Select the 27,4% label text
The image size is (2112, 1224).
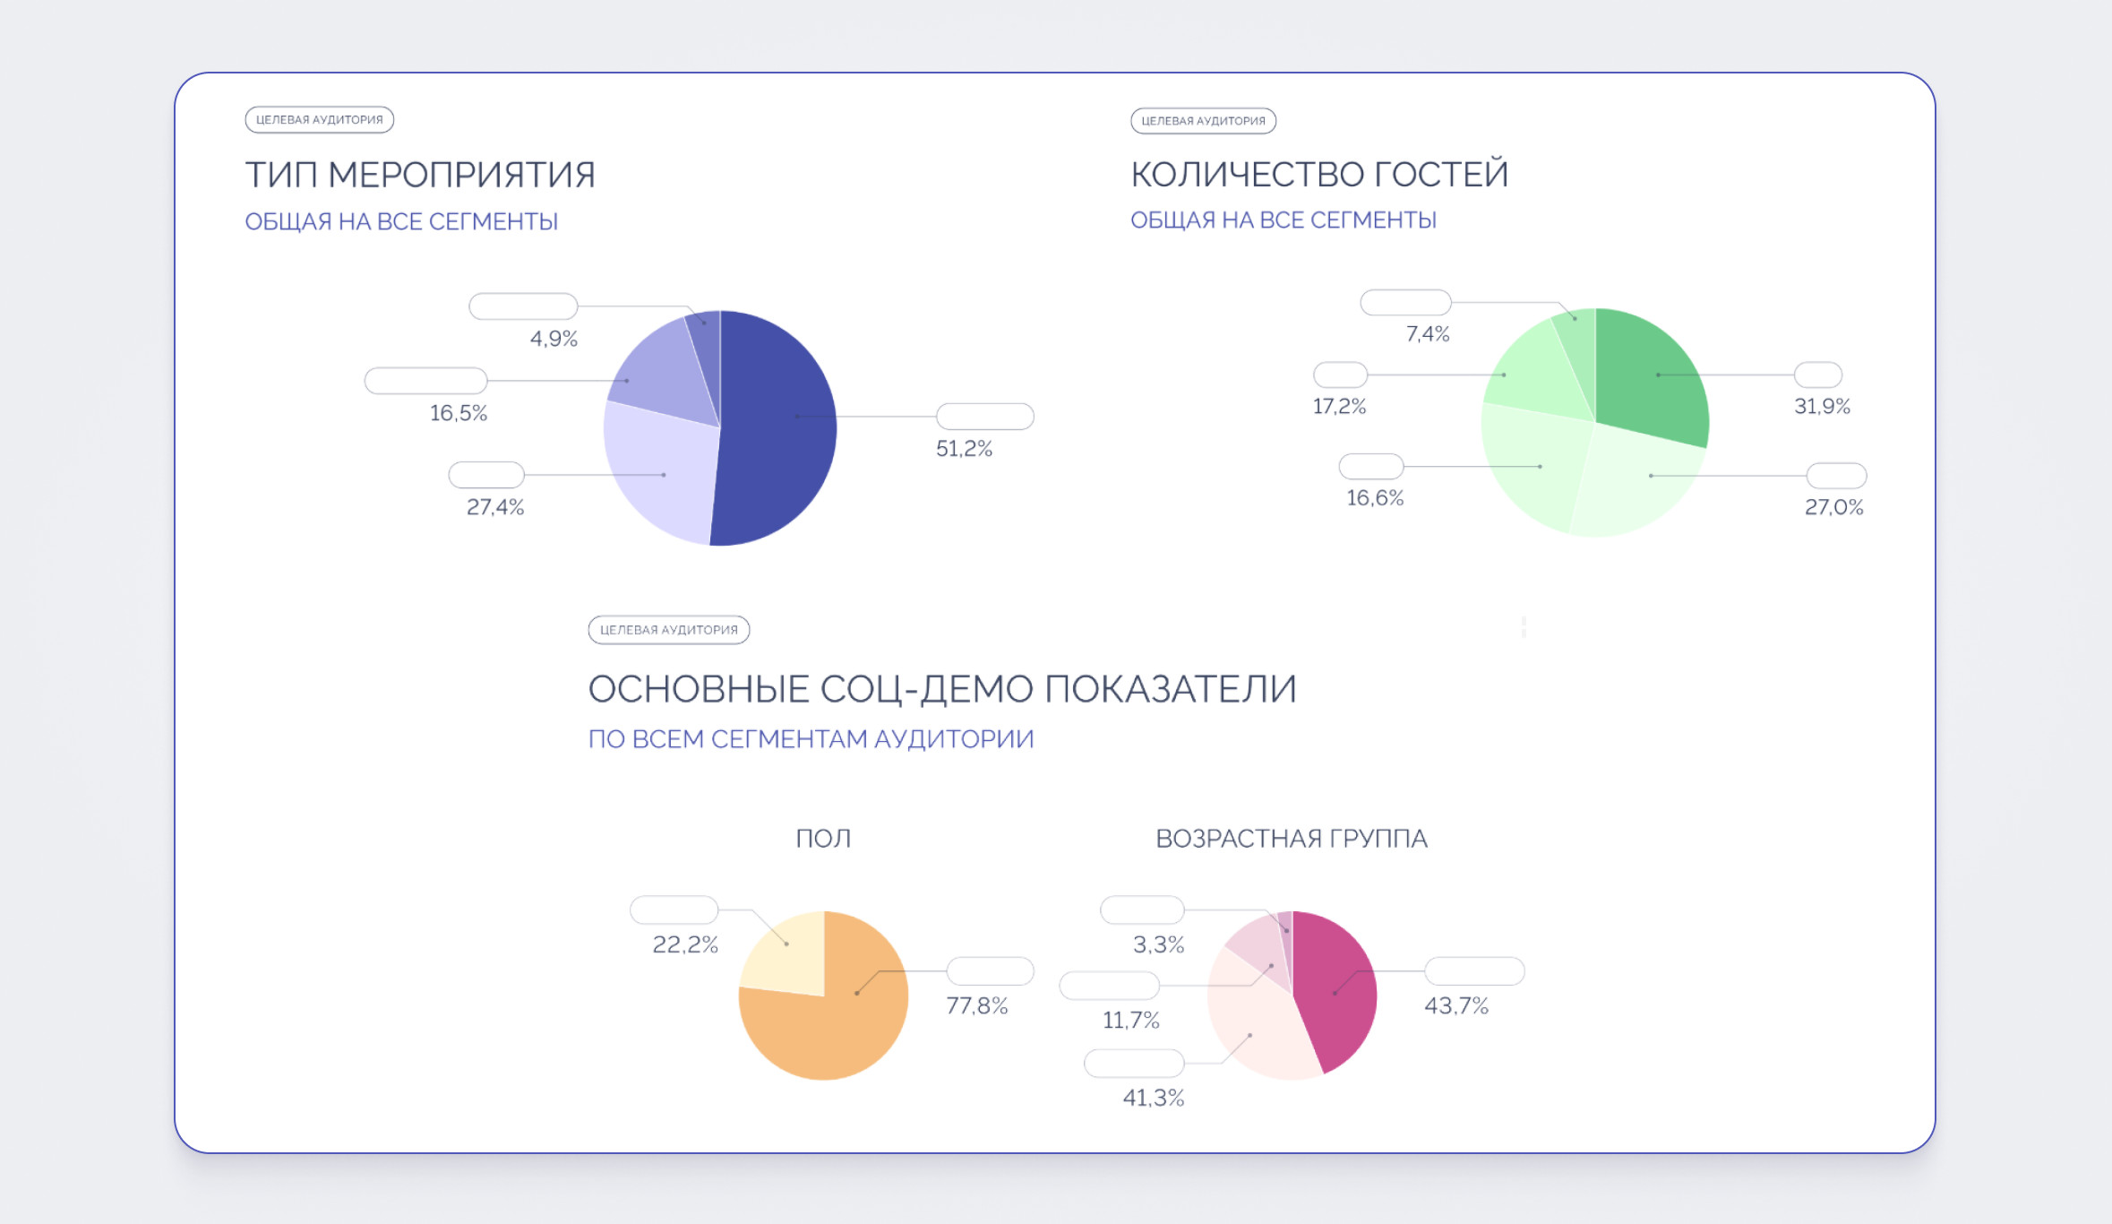point(495,507)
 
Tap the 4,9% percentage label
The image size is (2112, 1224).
point(554,339)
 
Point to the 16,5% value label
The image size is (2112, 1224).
point(459,413)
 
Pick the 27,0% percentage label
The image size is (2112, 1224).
point(1833,507)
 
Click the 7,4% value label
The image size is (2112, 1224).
point(1428,334)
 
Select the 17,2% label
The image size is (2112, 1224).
point(1339,407)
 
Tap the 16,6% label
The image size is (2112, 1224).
point(1375,498)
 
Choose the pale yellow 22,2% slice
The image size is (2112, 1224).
point(784,953)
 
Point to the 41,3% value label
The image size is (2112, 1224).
point(1154,1098)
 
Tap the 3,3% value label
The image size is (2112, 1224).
point(1158,944)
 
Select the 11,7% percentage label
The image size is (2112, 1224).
point(1130,1021)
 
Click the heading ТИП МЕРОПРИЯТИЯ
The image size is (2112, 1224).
point(420,175)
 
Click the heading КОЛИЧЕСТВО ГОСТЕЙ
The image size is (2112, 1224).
point(1319,174)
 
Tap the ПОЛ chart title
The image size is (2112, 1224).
point(823,839)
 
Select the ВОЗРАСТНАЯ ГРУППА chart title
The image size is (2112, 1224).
point(1291,839)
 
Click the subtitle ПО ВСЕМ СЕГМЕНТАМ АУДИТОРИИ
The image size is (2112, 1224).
point(811,739)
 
